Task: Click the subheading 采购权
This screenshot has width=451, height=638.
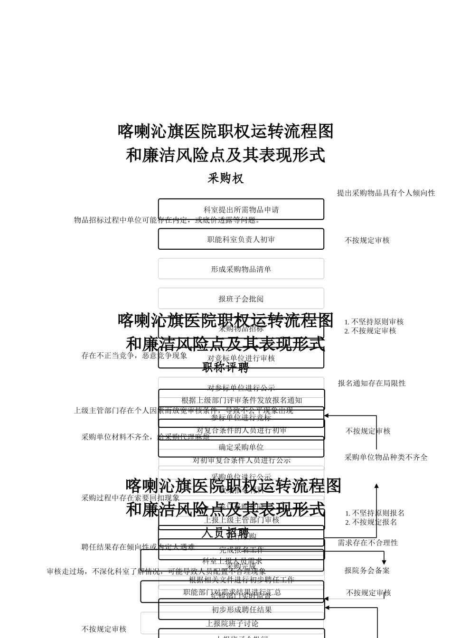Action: [x=225, y=178]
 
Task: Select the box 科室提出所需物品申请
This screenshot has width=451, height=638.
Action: [x=241, y=209]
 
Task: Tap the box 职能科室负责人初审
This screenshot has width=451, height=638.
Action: [x=241, y=239]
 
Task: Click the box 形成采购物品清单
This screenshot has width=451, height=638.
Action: [x=241, y=269]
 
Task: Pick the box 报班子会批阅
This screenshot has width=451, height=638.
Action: [x=241, y=299]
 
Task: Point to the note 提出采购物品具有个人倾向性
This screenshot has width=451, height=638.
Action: [x=386, y=193]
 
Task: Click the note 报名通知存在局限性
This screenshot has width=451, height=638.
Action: [x=372, y=383]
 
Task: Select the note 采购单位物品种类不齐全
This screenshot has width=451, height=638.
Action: [x=386, y=457]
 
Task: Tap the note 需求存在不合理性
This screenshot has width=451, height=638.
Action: [x=368, y=543]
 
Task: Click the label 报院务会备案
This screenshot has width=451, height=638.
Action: [x=367, y=571]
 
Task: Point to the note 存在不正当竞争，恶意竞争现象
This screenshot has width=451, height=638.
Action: [x=134, y=355]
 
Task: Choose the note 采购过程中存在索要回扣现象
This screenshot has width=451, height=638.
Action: [x=131, y=498]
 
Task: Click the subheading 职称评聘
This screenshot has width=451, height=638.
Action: [x=225, y=367]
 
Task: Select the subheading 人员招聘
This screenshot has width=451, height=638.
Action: [x=225, y=533]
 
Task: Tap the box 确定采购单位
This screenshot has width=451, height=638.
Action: [x=241, y=447]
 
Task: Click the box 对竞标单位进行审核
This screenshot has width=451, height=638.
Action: [x=241, y=358]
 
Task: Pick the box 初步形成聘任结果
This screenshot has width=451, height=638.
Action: [x=242, y=610]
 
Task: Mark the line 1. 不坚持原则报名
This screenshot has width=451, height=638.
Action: [x=375, y=513]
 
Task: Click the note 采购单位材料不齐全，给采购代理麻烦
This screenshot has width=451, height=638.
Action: [x=146, y=437]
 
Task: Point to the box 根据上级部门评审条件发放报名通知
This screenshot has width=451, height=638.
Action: [x=242, y=400]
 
